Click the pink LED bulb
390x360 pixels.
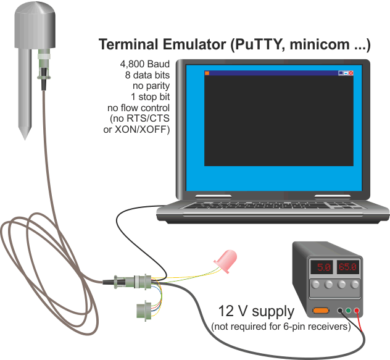pyautogui.click(x=226, y=261)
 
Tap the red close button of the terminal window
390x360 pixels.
pyautogui.click(x=351, y=73)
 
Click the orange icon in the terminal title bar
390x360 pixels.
pyautogui.click(x=207, y=73)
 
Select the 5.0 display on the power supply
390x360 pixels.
pyautogui.click(x=322, y=267)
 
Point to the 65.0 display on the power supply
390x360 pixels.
pyautogui.click(x=347, y=267)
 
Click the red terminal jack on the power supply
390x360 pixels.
pyautogui.click(x=357, y=311)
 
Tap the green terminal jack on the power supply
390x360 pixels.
pyautogui.click(x=348, y=311)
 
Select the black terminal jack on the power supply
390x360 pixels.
pyautogui.click(x=340, y=311)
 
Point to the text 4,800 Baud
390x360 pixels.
pyautogui.click(x=145, y=64)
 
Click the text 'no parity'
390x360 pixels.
pyautogui.click(x=151, y=86)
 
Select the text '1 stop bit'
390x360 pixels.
pyautogui.click(x=150, y=96)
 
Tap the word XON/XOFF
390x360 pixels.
pyautogui.click(x=142, y=130)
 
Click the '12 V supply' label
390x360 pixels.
pyautogui.click(x=257, y=311)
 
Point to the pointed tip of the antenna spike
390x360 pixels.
pyautogui.click(x=25, y=140)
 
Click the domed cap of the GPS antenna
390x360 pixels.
pyautogui.click(x=35, y=25)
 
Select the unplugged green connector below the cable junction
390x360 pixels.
pyautogui.click(x=144, y=311)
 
